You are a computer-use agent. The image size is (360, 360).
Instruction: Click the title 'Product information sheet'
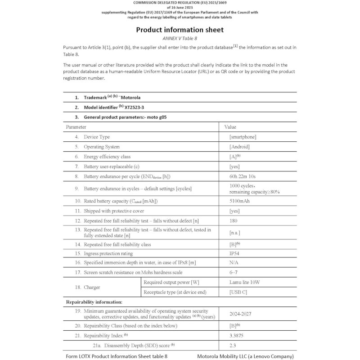(x=180, y=30)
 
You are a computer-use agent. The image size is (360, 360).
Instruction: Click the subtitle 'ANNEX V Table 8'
(x=180, y=39)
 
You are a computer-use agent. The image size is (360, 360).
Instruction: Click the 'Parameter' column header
(x=76, y=127)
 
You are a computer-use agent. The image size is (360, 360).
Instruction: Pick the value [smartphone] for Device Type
(x=243, y=137)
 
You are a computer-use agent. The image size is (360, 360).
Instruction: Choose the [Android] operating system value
(x=239, y=147)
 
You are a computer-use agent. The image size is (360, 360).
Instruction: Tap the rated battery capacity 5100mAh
(x=239, y=201)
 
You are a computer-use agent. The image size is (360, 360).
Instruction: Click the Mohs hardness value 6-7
(x=234, y=272)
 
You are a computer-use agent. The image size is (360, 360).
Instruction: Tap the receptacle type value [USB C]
(x=239, y=292)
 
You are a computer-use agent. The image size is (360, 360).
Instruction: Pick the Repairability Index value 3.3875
(x=238, y=336)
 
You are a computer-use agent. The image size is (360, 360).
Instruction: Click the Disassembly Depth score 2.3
(x=233, y=346)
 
